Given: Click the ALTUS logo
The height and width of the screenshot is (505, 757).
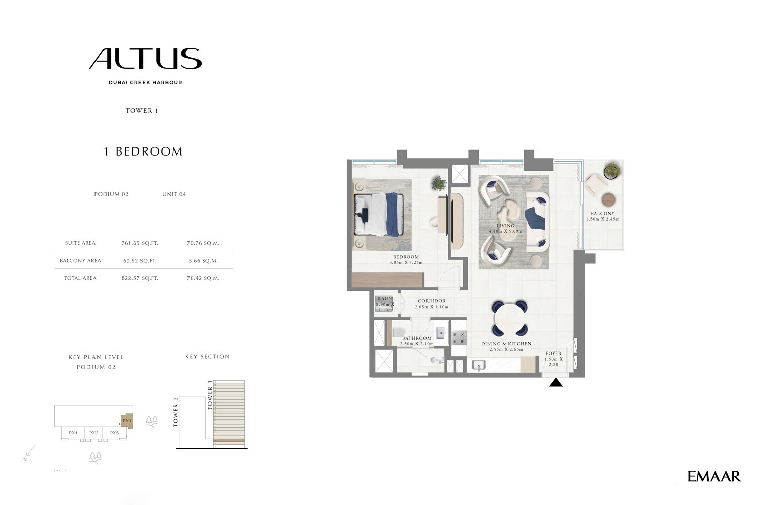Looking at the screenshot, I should (x=146, y=59).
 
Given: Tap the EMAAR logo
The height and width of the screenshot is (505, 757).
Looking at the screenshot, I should (x=714, y=476).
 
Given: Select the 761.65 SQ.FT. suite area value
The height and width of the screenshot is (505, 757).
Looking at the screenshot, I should (x=139, y=243).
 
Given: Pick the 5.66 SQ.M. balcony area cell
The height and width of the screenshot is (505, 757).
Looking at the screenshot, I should (x=202, y=261).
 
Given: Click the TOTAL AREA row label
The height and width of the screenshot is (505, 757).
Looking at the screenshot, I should (x=80, y=278).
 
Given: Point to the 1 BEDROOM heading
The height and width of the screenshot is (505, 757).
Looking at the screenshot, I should (x=143, y=151).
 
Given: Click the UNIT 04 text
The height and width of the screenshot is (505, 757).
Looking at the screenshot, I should (x=174, y=194).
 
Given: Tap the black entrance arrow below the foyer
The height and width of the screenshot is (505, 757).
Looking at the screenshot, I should (x=556, y=383).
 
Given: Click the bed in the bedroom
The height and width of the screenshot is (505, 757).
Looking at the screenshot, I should (x=379, y=215).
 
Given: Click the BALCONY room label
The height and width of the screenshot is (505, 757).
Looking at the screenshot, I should (x=602, y=214).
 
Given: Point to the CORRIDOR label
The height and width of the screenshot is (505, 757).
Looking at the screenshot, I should (x=432, y=301).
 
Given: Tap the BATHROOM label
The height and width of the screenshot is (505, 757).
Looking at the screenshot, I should (x=416, y=338).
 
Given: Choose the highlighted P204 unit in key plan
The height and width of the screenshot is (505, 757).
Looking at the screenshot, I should (x=127, y=420).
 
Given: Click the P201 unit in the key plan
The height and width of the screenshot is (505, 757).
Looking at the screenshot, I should (x=73, y=433).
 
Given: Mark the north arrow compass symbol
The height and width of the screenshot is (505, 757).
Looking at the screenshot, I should (x=29, y=453).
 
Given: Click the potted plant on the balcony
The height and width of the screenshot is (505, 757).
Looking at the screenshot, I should (x=612, y=170).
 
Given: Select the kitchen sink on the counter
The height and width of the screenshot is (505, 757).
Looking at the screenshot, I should (x=478, y=365).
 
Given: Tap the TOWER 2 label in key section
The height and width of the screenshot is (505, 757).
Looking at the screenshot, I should (x=176, y=412).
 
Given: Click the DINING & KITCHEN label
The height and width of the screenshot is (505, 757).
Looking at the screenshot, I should (x=506, y=344).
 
